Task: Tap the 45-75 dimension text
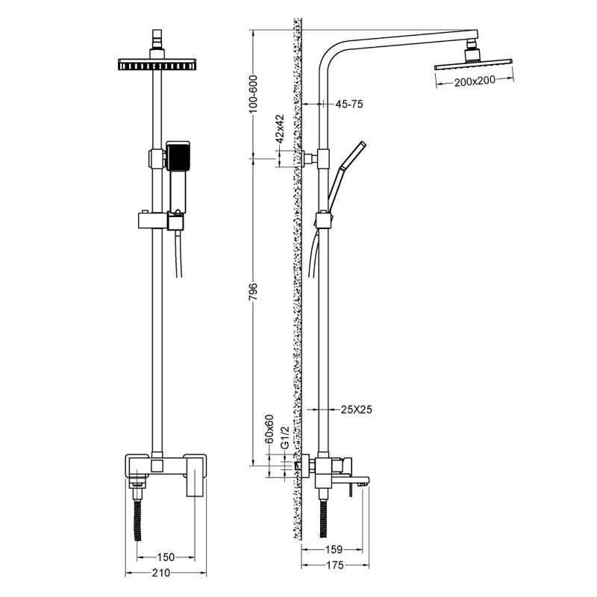347,105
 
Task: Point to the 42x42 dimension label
281,129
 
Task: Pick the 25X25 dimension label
356,410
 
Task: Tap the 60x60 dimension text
270,430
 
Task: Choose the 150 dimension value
166,557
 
